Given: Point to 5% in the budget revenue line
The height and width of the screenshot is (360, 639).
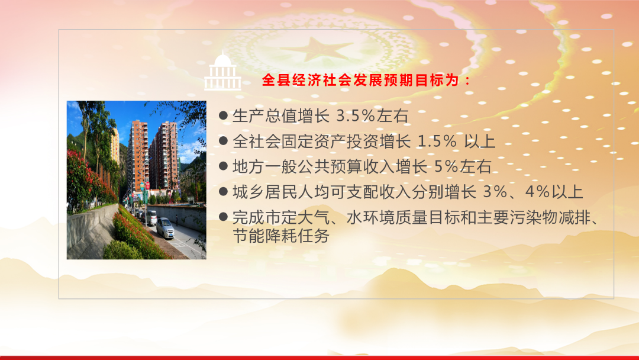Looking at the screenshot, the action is (447, 167).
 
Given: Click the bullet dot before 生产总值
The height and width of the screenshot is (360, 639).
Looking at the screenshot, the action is (223, 115).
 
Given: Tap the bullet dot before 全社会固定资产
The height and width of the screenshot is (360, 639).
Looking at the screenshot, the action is (223, 141).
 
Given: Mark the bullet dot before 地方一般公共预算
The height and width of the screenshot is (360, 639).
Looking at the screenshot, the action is (223, 166).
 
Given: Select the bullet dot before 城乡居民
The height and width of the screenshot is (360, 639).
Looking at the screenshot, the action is (223, 191).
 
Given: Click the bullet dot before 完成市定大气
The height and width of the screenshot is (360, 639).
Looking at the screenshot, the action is (223, 217).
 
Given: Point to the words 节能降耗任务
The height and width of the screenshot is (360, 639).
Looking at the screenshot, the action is (281, 236).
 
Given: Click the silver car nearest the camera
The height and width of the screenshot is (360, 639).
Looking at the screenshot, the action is (165, 227).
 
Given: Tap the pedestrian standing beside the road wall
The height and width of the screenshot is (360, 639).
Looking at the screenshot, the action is (177, 220).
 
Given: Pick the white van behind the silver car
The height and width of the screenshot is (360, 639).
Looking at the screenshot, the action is (151, 218).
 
